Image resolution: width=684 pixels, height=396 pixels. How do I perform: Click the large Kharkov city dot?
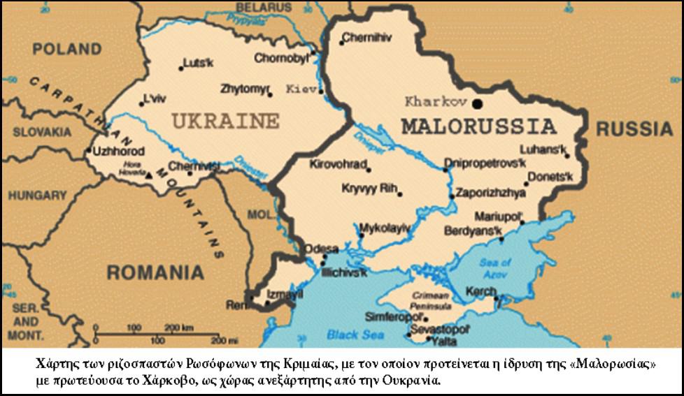[478, 103]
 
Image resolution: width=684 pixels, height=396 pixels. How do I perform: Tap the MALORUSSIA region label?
[478, 128]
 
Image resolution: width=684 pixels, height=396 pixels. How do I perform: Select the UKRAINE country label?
[225, 121]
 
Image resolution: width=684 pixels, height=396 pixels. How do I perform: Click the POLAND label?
[67, 50]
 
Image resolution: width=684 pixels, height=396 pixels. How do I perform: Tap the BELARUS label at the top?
[263, 6]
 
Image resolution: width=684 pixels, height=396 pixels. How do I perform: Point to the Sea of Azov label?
[496, 268]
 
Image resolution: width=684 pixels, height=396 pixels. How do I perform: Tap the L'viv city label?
[155, 97]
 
